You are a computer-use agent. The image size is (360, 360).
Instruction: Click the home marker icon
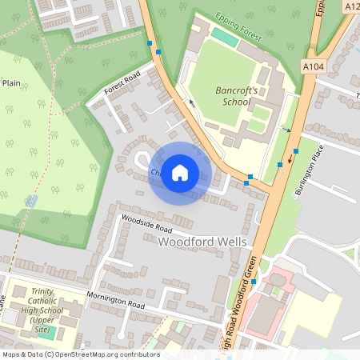pos(180,173)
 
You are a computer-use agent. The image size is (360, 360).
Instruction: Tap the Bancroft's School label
pos(237,97)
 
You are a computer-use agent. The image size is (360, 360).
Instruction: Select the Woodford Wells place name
pos(203,242)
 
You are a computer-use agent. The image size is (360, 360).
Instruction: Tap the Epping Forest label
pos(239,25)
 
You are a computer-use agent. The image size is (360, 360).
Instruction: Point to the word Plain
pos(10,82)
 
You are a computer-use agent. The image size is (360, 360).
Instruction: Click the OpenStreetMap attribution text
pos(80,354)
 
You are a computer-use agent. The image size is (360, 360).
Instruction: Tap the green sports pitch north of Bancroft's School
pos(226,38)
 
